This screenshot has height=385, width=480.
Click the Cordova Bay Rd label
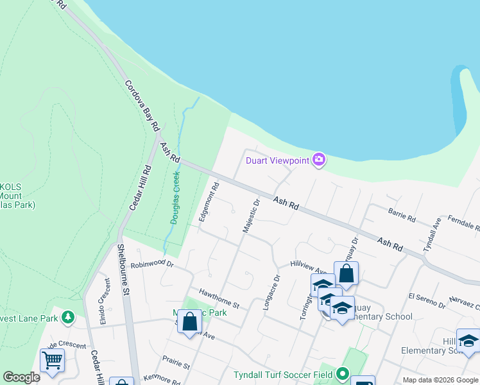click(x=141, y=106)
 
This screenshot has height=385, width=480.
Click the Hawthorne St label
click(x=218, y=296)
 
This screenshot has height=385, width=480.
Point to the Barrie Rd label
click(x=402, y=215)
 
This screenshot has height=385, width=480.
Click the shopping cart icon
click(x=52, y=359)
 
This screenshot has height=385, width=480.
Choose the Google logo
click(x=21, y=377)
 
